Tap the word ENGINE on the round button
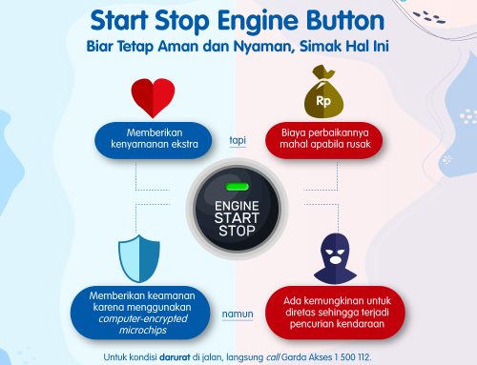pos(238,205)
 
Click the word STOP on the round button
pos(238,232)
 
